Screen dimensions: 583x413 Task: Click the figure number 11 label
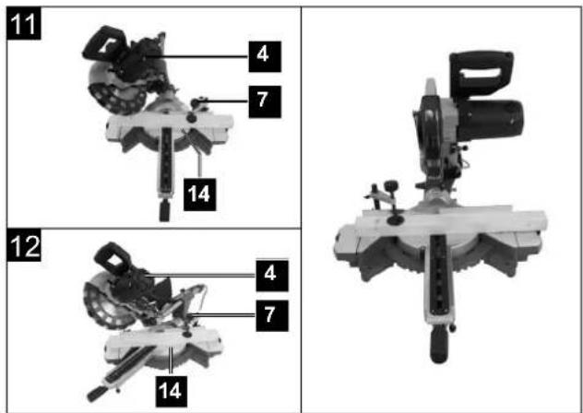pos(23,23)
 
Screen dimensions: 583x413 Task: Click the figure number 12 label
pos(23,245)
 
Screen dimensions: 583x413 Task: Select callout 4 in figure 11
pos(265,56)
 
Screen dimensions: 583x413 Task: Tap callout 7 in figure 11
pos(265,101)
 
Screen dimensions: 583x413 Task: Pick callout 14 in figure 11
pos(199,195)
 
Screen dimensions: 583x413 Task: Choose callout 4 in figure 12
pos(272,276)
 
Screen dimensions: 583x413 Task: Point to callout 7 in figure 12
pos(272,315)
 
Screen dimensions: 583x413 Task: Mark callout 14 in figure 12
pos(171,391)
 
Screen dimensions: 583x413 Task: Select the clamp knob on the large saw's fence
pos(391,185)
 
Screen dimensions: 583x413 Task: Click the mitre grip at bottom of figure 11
pos(164,210)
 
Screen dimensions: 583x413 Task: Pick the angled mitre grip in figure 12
pos(98,394)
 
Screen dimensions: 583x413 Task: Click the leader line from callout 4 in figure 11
pos(197,56)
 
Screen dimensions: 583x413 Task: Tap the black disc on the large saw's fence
pos(394,220)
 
